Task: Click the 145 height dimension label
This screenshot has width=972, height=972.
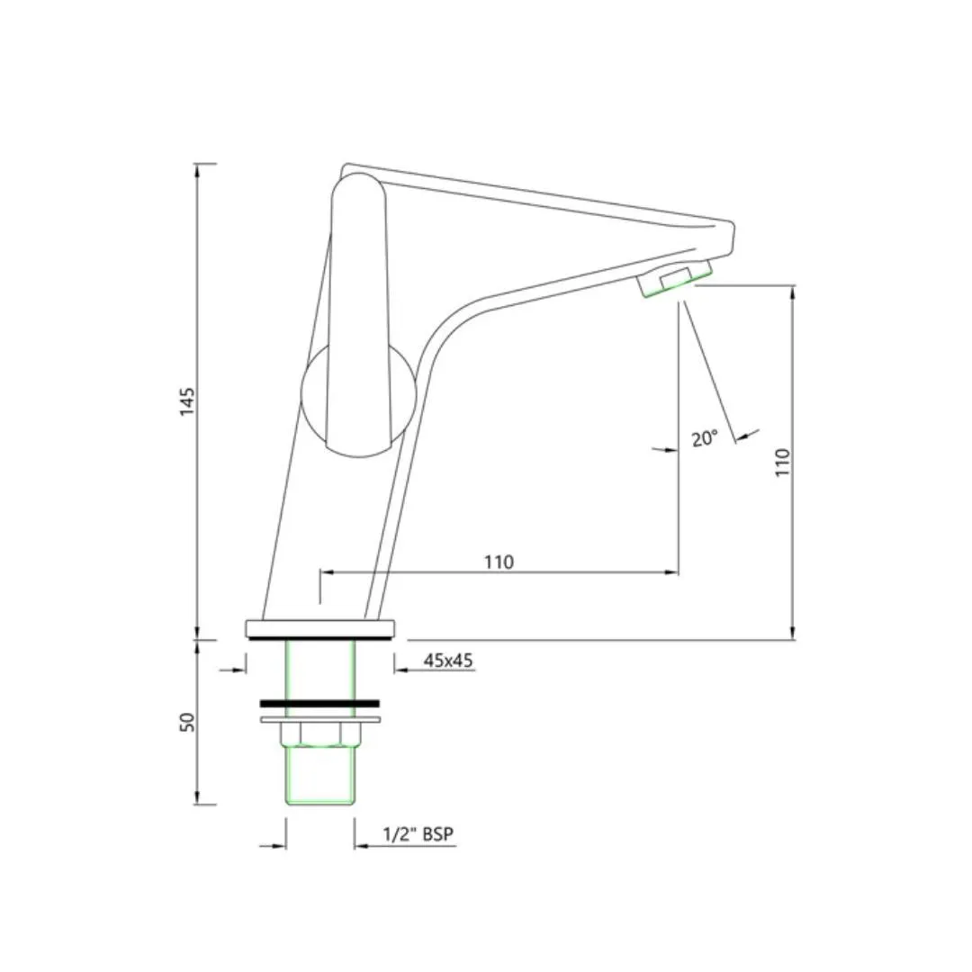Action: click(187, 401)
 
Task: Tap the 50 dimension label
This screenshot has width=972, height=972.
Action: click(187, 722)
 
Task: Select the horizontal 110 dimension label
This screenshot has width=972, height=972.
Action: click(499, 562)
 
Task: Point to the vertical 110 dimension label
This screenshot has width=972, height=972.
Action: click(783, 463)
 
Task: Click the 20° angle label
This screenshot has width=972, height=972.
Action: click(705, 438)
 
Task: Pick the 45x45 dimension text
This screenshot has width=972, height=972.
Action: click(448, 661)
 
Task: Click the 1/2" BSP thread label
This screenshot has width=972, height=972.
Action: click(418, 834)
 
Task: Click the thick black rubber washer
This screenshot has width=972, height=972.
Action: click(319, 703)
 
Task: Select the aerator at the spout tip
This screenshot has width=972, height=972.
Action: click(675, 279)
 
